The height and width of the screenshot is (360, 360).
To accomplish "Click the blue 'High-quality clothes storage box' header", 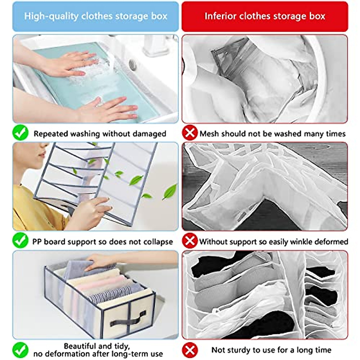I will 95,16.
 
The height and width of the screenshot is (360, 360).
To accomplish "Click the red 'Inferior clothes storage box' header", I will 265,16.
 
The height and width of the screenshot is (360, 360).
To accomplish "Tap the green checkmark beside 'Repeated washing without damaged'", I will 20,133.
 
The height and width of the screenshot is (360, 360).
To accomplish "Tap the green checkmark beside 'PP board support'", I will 20,241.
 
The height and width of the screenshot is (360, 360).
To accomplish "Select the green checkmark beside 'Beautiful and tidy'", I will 20,349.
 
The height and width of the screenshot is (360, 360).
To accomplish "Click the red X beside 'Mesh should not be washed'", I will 190,133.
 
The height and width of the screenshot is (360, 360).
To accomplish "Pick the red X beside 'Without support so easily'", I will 190,241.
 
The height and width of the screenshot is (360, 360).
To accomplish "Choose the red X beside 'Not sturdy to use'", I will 190,349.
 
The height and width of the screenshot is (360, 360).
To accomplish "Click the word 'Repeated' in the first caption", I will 51,134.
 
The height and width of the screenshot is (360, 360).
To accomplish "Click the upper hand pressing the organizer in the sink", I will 72,63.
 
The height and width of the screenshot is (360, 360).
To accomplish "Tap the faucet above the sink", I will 156,45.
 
